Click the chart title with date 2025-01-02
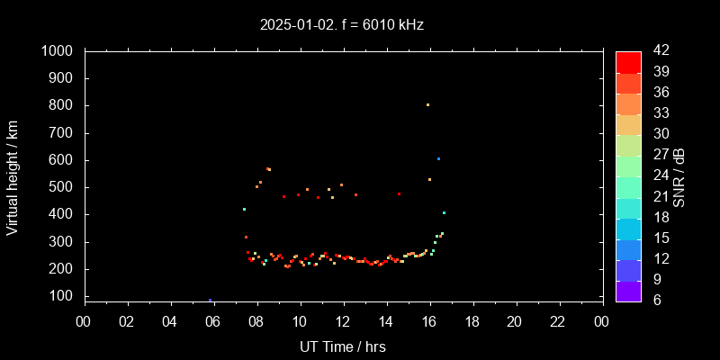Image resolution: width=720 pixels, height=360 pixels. pyautogui.click(x=341, y=25)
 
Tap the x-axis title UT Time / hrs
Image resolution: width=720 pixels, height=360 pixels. pyautogui.click(x=343, y=346)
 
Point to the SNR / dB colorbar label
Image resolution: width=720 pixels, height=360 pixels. pyautogui.click(x=679, y=176)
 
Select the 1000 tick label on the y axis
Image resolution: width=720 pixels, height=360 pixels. pyautogui.click(x=58, y=51)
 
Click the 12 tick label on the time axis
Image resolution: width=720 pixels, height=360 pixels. pyautogui.click(x=343, y=320)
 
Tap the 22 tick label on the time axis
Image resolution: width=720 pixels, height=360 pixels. pyautogui.click(x=558, y=320)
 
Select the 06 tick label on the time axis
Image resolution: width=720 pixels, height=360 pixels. pyautogui.click(x=213, y=320)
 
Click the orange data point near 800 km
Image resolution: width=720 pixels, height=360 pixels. pyautogui.click(x=427, y=104)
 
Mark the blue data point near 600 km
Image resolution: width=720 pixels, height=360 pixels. pyautogui.click(x=438, y=158)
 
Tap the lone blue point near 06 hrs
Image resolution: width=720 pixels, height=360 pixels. pyautogui.click(x=210, y=300)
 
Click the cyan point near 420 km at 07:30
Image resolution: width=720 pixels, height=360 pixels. pyautogui.click(x=244, y=209)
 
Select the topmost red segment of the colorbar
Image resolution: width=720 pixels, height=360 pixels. pyautogui.click(x=628, y=61)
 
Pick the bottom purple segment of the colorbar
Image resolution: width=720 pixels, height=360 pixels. pyautogui.click(x=628, y=291)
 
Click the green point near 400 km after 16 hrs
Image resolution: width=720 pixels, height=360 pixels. pyautogui.click(x=444, y=212)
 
